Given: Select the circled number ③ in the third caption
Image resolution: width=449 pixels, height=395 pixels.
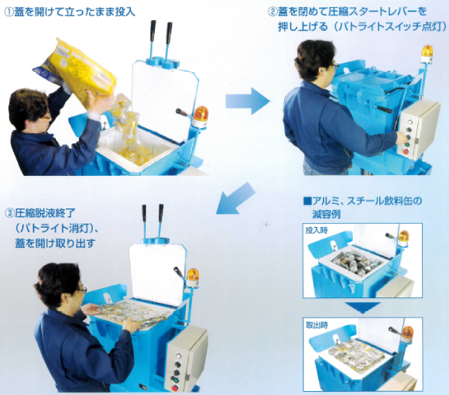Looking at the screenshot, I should [9, 211].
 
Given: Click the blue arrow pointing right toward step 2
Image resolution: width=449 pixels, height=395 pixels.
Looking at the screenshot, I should [247, 100].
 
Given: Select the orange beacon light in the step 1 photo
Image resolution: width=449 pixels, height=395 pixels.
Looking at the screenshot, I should [201, 116].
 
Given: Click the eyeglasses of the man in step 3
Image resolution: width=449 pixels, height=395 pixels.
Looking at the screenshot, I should [83, 289].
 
